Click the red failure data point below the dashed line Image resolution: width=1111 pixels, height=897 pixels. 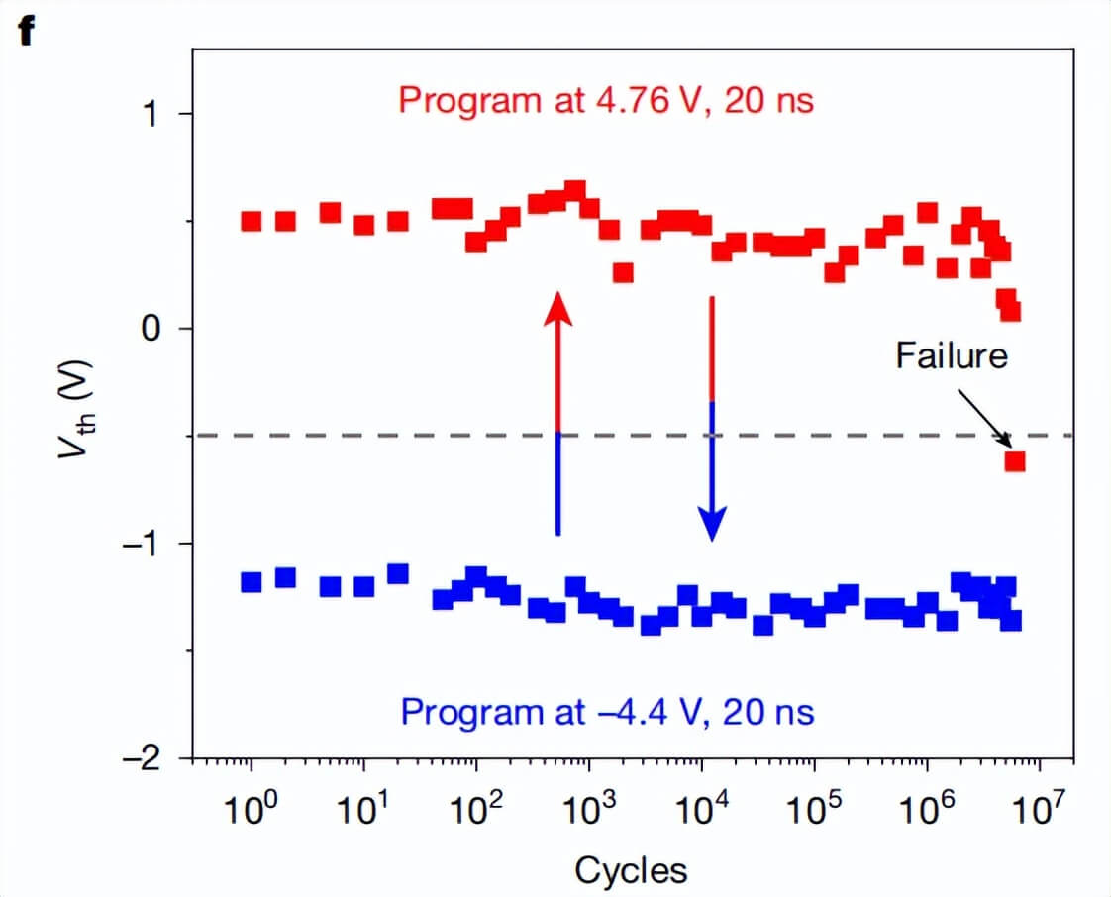[1014, 461]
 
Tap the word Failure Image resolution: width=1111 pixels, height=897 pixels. [951, 355]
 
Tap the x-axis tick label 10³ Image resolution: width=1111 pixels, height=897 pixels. [588, 813]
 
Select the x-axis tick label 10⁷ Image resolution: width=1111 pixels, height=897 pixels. [1039, 813]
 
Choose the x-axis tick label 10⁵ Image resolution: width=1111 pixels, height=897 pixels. [814, 813]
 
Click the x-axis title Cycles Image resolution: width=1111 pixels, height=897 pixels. [630, 870]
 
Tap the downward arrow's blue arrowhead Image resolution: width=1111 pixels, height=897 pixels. [711, 522]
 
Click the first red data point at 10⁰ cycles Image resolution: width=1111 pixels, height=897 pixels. [251, 221]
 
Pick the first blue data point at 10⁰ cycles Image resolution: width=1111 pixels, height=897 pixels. [251, 581]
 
